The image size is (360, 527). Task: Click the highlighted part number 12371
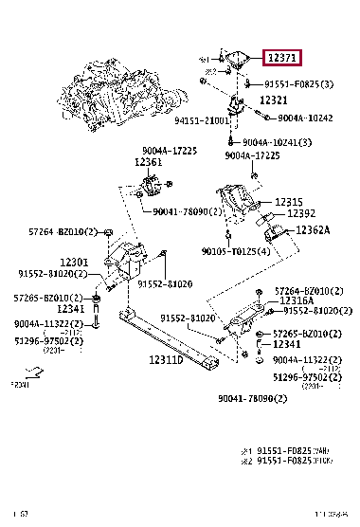282,58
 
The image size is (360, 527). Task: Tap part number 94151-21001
202,121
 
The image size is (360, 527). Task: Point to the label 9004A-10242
306,118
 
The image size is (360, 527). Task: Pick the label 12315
289,202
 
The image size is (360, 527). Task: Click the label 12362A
312,230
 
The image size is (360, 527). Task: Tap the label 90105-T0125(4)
237,251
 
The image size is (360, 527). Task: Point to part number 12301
74,263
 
